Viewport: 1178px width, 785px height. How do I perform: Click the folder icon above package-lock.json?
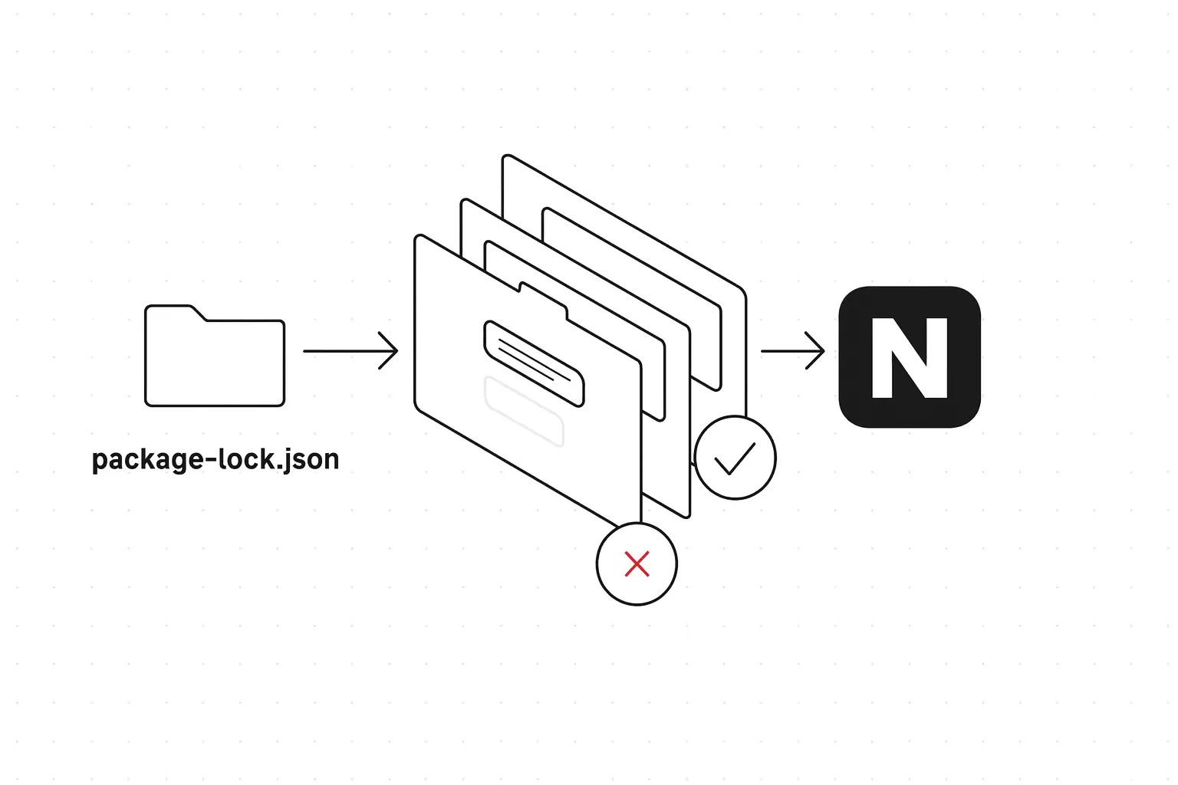pos(215,360)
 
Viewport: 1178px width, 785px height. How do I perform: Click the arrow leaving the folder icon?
pos(349,351)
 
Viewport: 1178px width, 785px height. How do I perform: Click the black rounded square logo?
pos(910,357)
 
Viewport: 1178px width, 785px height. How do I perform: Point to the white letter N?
pos(910,358)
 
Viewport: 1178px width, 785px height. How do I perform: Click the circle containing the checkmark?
pos(735,458)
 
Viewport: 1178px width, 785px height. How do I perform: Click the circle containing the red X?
pos(637,564)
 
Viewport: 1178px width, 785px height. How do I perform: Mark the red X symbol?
pos(637,564)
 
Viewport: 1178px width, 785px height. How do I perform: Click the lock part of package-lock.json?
pos(246,459)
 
